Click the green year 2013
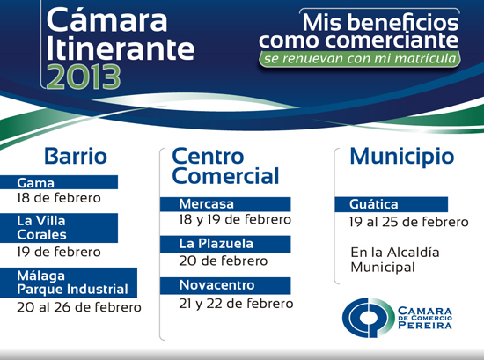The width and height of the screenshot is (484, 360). tap(84, 77)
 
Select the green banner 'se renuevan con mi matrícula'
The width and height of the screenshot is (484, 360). tap(360, 59)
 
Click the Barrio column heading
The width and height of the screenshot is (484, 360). tap(76, 156)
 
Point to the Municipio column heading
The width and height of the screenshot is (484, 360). tap(402, 157)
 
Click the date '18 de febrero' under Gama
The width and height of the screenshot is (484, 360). tap(59, 198)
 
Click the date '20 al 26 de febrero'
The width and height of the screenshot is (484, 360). tap(79, 307)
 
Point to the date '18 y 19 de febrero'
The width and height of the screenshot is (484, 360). tap(235, 220)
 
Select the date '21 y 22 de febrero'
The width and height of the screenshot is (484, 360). tap(236, 304)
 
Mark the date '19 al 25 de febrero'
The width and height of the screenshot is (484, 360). tap(409, 222)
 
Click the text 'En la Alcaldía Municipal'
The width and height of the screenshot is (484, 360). tap(395, 260)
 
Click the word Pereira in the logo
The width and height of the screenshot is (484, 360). tap(425, 325)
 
